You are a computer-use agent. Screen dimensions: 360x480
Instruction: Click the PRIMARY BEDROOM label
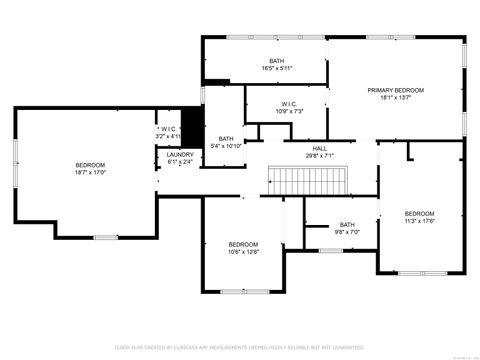tap(395, 90)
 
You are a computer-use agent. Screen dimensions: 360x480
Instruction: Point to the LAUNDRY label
tap(180, 154)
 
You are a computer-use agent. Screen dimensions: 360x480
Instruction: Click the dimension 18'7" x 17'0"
tap(90, 172)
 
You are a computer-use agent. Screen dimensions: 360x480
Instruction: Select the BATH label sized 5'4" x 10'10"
tap(226, 138)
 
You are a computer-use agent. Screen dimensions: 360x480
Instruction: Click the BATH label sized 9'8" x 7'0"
tap(347, 224)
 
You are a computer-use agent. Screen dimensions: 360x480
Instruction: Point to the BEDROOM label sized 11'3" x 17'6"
tap(419, 213)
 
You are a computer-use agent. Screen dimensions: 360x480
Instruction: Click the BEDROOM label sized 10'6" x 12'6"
tap(243, 245)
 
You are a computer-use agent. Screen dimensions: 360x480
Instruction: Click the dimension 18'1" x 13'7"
tap(395, 98)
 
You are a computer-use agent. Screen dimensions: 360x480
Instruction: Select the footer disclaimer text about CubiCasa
tap(240, 347)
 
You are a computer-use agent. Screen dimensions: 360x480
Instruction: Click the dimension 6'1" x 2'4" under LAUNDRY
tap(180, 161)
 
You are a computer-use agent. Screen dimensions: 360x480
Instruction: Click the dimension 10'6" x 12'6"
tap(243, 252)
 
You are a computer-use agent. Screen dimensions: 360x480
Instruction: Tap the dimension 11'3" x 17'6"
tap(419, 221)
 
